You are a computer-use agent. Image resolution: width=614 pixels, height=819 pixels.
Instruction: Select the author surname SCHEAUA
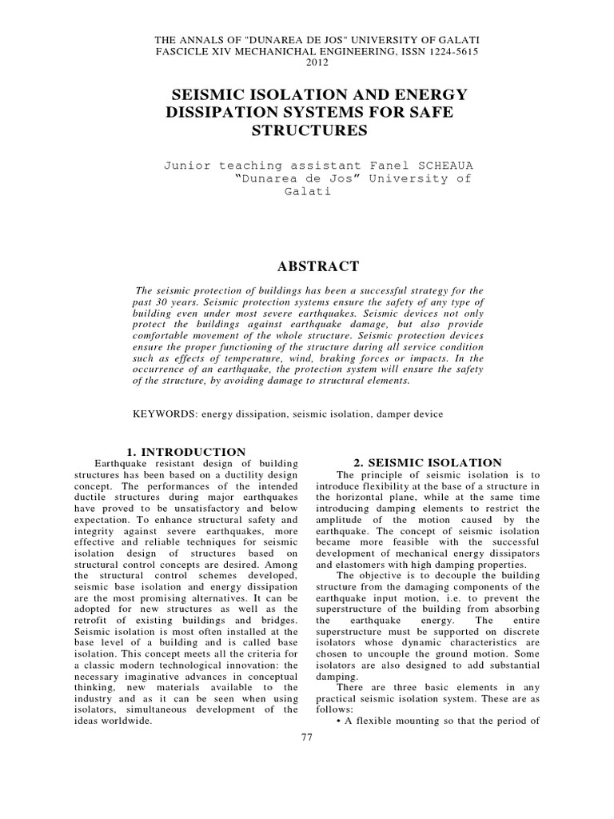[444, 165]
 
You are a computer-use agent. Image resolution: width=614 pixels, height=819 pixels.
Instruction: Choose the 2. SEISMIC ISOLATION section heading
[428, 462]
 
